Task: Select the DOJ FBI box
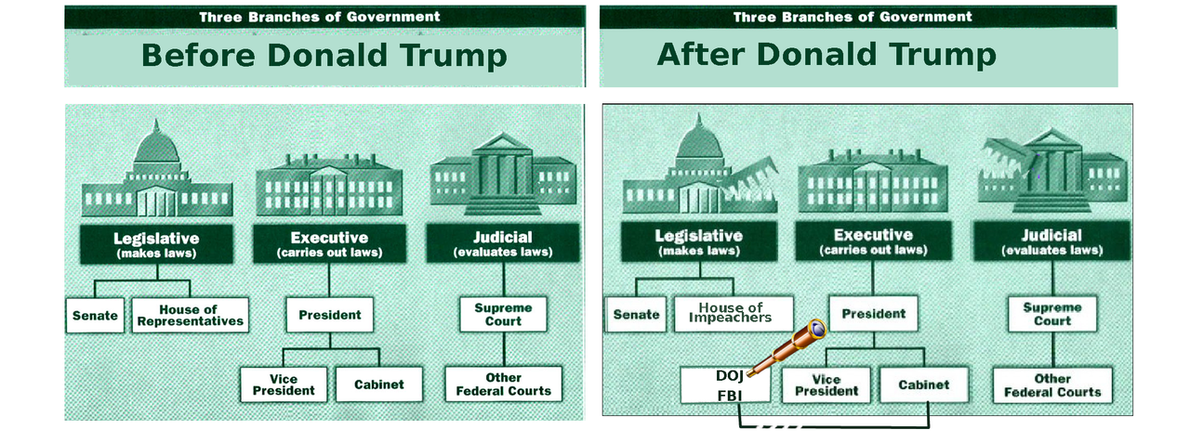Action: [x=725, y=384]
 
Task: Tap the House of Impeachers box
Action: [x=734, y=313]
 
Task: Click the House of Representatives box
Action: [x=191, y=315]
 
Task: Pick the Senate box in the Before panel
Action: [x=95, y=315]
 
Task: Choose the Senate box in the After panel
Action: [x=636, y=314]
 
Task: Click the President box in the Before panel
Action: [x=329, y=315]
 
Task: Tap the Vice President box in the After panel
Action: [x=826, y=384]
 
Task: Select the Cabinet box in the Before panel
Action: [x=377, y=384]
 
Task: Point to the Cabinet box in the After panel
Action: [x=923, y=384]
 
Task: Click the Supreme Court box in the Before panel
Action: [x=503, y=314]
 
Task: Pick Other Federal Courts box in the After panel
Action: [x=1052, y=385]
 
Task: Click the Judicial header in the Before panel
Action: [x=503, y=243]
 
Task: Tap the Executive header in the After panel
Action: [x=873, y=241]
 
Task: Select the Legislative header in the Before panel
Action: [x=156, y=243]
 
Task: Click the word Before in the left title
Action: [x=199, y=56]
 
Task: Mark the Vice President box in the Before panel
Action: [x=283, y=384]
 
